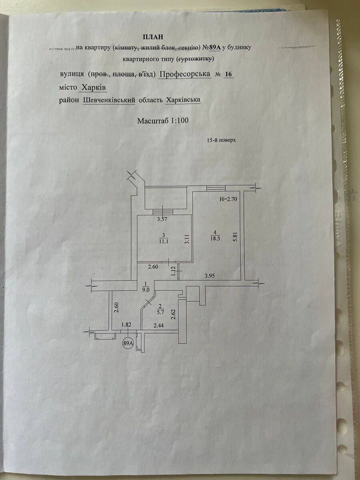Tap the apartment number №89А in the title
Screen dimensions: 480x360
[x=212, y=48]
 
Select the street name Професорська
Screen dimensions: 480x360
[x=185, y=74]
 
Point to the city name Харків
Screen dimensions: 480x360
[x=94, y=87]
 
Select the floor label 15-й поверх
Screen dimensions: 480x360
[x=219, y=141]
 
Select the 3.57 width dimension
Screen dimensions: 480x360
[x=162, y=219]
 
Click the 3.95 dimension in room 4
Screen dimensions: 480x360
[x=210, y=276]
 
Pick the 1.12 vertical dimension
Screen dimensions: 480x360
[x=174, y=272]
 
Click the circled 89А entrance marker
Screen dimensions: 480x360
[x=128, y=343]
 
